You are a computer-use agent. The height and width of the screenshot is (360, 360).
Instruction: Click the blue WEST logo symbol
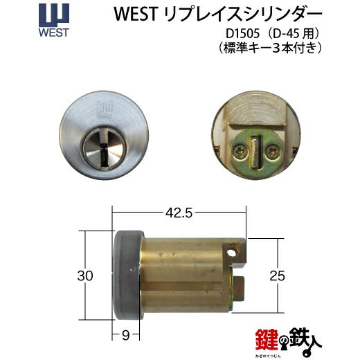click(x=54, y=15)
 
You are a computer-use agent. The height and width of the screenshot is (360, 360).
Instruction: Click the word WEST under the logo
click(x=54, y=33)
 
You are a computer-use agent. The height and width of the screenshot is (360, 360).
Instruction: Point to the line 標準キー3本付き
click(x=270, y=48)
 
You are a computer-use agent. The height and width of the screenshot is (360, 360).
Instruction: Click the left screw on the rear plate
click(x=240, y=152)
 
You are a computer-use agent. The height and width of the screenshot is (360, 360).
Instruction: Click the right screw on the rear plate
click(x=271, y=152)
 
